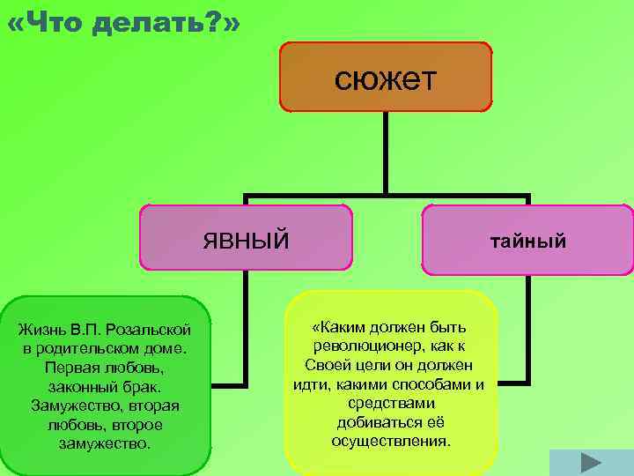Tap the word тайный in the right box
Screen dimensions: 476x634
(527, 240)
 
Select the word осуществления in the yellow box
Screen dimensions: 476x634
(390, 440)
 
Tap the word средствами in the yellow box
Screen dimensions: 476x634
(390, 403)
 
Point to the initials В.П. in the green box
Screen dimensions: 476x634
(88, 330)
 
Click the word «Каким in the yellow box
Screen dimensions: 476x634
(335, 328)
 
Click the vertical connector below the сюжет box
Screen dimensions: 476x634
(386, 152)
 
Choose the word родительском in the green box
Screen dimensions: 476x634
(86, 348)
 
